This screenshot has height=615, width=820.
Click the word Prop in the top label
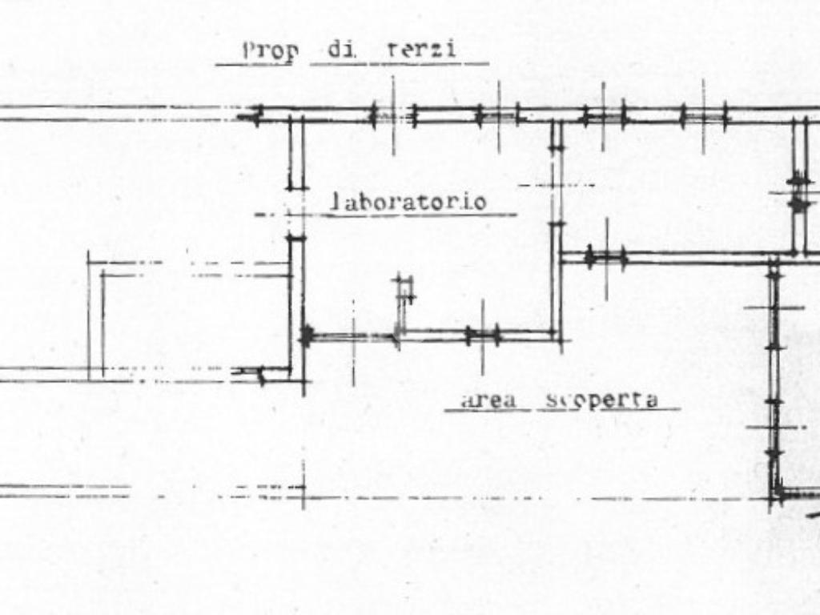(271, 50)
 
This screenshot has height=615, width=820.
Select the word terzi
(421, 49)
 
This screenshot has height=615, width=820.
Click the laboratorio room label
(408, 201)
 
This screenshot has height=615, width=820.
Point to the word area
(489, 400)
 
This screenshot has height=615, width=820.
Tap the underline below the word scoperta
(609, 411)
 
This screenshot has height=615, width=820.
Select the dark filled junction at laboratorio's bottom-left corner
(305, 336)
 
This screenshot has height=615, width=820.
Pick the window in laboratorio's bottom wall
(482, 335)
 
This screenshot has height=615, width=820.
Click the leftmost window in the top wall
(393, 115)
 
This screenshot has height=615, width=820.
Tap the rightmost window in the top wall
(704, 116)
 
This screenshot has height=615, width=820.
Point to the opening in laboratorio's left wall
(296, 212)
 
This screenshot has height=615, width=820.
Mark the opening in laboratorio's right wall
(557, 185)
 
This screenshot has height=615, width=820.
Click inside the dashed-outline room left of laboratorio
(192, 320)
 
